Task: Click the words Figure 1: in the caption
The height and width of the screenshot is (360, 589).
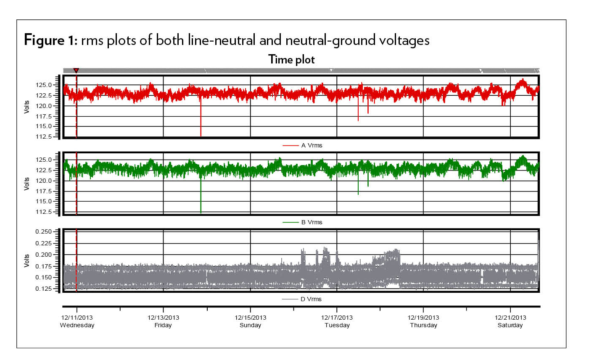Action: click(50, 40)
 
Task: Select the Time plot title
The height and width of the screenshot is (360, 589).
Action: click(291, 60)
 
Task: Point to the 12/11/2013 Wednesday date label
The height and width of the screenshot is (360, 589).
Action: click(77, 321)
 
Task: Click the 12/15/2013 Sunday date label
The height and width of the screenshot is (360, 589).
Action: click(250, 321)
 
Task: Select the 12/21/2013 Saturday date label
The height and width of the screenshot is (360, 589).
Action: click(510, 321)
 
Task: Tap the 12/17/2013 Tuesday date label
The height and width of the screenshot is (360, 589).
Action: click(337, 321)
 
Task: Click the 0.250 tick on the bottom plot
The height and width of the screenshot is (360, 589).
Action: click(44, 232)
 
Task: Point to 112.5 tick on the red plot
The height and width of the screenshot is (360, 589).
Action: click(45, 137)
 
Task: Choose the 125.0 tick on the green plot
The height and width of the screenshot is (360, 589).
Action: click(45, 160)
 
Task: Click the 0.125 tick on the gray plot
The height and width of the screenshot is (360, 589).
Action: click(44, 289)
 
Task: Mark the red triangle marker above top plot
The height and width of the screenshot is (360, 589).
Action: click(76, 71)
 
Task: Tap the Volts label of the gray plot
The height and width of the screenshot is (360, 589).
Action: click(27, 260)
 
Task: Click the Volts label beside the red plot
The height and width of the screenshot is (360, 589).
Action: click(27, 107)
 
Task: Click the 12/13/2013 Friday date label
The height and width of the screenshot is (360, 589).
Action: click(163, 321)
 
